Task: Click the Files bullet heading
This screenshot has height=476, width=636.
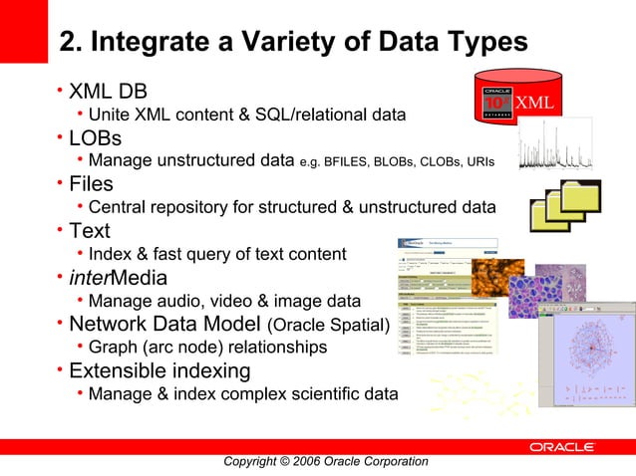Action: tap(91, 184)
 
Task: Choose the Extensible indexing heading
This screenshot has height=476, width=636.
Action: tap(159, 370)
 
